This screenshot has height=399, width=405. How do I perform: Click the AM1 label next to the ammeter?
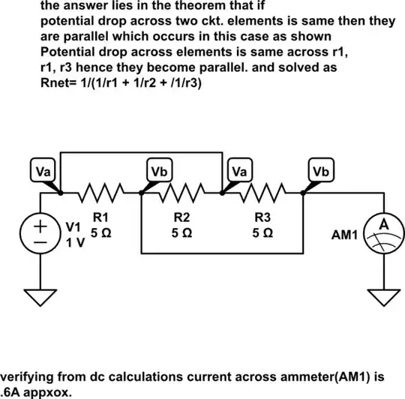(x=345, y=235)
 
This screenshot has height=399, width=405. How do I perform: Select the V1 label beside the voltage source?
(x=72, y=226)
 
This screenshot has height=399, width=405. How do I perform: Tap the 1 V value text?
(x=73, y=243)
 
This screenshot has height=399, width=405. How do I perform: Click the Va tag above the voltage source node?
(x=44, y=171)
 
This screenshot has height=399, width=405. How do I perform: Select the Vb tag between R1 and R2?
(x=159, y=171)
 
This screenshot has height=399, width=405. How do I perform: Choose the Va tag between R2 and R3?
(x=239, y=171)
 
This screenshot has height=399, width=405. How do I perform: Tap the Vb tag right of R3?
(x=320, y=171)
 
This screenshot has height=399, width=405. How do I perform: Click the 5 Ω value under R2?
(x=181, y=233)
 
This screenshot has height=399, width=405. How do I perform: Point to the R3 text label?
(x=262, y=218)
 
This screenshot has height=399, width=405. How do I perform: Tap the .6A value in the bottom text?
(x=10, y=391)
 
